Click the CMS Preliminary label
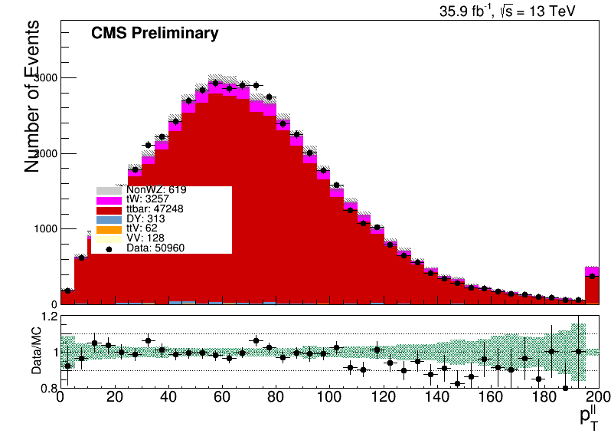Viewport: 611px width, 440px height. pos(155,33)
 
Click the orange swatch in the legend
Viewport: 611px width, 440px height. pos(109,229)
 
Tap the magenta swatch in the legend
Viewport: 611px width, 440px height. pos(109,201)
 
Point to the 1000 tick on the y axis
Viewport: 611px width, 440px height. pos(46,228)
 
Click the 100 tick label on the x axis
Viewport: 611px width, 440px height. pos(329,397)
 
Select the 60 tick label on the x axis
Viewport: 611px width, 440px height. pos(222,397)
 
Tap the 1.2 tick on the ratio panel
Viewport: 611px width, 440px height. pos(49,317)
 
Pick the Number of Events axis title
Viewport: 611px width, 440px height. pos(31,97)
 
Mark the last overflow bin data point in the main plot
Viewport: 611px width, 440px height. pos(593,276)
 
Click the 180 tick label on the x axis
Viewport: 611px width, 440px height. pos(544,397)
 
